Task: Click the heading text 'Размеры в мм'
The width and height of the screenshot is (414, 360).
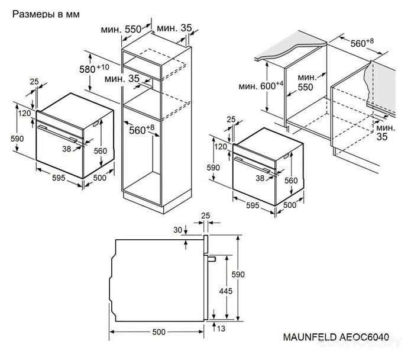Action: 47,13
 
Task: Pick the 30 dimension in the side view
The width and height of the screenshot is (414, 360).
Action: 177,230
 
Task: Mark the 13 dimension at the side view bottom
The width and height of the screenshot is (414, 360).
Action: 221,329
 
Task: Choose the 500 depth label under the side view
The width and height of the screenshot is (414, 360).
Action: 159,332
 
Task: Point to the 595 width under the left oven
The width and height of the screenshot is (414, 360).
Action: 57,177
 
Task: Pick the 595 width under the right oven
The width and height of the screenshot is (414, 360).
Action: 253,205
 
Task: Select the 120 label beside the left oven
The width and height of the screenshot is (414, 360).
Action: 24,113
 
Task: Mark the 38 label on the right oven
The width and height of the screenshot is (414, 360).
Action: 260,177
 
